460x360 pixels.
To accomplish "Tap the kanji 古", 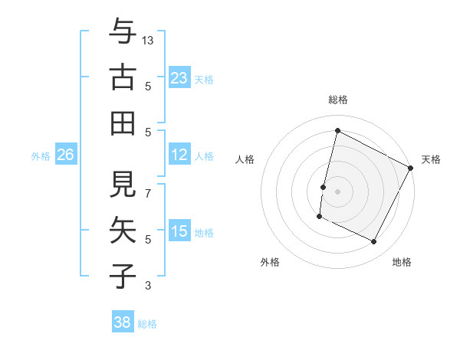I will pos(123,77).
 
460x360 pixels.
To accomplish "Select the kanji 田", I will pos(123,123).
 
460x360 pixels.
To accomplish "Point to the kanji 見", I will pos(123,185).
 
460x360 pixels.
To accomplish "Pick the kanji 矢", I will pos(123,231).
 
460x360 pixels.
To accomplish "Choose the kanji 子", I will pos(123,276).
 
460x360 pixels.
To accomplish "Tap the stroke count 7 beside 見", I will pos(149,186).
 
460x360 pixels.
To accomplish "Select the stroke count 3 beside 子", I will pos(149,286).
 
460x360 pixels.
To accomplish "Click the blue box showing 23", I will pos(179,77).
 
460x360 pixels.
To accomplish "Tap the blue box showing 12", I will pos(179,155).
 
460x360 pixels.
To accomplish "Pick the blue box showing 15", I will pos(179,231).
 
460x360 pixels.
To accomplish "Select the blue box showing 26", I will pos(65,155).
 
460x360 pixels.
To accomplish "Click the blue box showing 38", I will pos(123,322).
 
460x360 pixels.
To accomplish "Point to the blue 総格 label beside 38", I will pos(147,324).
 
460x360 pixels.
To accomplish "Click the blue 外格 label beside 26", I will pos(41,156).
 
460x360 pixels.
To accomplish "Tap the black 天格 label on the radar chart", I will pos(431,159).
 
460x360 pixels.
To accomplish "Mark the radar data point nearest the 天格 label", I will pos(411,169).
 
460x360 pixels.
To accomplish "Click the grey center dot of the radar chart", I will pos(337,191).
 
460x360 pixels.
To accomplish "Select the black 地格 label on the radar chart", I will pos(402,262).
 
